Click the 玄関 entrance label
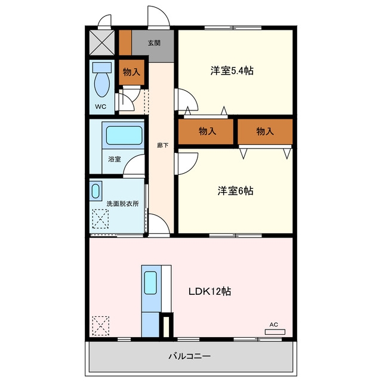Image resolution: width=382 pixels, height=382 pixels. tap(154, 43)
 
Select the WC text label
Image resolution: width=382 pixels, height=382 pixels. tap(101, 106)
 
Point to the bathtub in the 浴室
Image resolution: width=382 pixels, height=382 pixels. tap(124, 135)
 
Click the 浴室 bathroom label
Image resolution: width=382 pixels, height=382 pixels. tap(115, 159)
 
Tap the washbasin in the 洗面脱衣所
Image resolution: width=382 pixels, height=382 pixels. tap(95, 191)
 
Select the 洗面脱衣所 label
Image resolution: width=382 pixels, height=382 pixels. tap(122, 204)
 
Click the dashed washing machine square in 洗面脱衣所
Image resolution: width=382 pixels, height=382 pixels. tap(100, 219)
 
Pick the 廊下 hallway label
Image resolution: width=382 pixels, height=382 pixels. tap(162, 146)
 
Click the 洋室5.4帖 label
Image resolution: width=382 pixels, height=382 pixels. tap(232, 70)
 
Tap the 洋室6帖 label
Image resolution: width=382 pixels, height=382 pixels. tap(235, 191)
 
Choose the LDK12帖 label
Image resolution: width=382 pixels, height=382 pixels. tap(210, 291)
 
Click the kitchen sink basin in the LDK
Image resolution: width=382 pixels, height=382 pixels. tap(150, 282)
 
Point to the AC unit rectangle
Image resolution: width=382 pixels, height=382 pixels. tap(275, 332)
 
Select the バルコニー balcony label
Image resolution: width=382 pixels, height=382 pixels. tap(190, 356)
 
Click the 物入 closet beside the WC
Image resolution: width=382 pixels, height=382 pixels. tap(131, 72)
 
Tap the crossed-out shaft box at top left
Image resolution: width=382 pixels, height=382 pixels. tap(102, 42)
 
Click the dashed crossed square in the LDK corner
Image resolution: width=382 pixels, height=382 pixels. tap(101, 326)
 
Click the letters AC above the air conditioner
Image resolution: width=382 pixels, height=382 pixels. tap(274, 325)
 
